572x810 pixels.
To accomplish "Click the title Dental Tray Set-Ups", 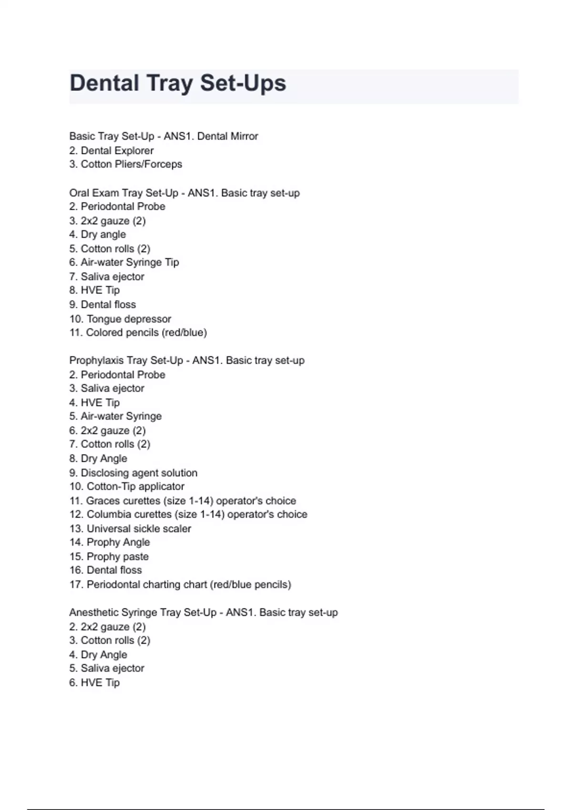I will (x=178, y=83).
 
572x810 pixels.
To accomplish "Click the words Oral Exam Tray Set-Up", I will (x=123, y=193).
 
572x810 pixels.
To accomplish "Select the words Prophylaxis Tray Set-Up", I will (x=126, y=361).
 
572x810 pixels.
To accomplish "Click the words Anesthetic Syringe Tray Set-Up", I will (x=143, y=613).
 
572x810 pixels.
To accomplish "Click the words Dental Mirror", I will (x=227, y=136).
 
